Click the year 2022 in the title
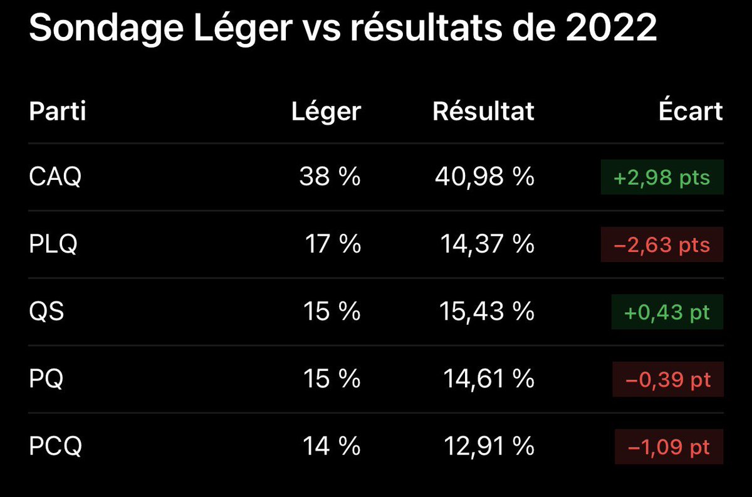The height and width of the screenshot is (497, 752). pyautogui.click(x=610, y=28)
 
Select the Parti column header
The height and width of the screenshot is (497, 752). pyautogui.click(x=58, y=111)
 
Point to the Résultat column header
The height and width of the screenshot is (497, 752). pyautogui.click(x=483, y=111)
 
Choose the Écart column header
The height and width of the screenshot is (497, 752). pyautogui.click(x=691, y=110)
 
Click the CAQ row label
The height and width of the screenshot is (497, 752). pyautogui.click(x=55, y=177)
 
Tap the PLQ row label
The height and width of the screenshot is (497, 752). pyautogui.click(x=53, y=244)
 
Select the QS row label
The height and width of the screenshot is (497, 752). pyautogui.click(x=46, y=311)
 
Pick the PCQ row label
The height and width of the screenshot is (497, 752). pyautogui.click(x=55, y=446)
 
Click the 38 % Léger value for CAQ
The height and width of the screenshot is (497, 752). pyautogui.click(x=330, y=176)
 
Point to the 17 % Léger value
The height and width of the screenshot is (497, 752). pyautogui.click(x=333, y=243)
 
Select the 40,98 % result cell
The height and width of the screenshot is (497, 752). pyautogui.click(x=484, y=177)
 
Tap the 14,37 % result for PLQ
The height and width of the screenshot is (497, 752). pyautogui.click(x=487, y=244)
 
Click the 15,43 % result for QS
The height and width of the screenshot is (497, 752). pyautogui.click(x=487, y=311)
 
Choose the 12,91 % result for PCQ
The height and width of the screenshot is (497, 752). pyautogui.click(x=489, y=446)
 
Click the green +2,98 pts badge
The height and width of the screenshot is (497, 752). pyautogui.click(x=662, y=177)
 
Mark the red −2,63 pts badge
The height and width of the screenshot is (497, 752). pyautogui.click(x=662, y=244)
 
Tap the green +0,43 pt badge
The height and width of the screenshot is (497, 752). pyautogui.click(x=667, y=311)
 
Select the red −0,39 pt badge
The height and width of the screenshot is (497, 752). pyautogui.click(x=668, y=379)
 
